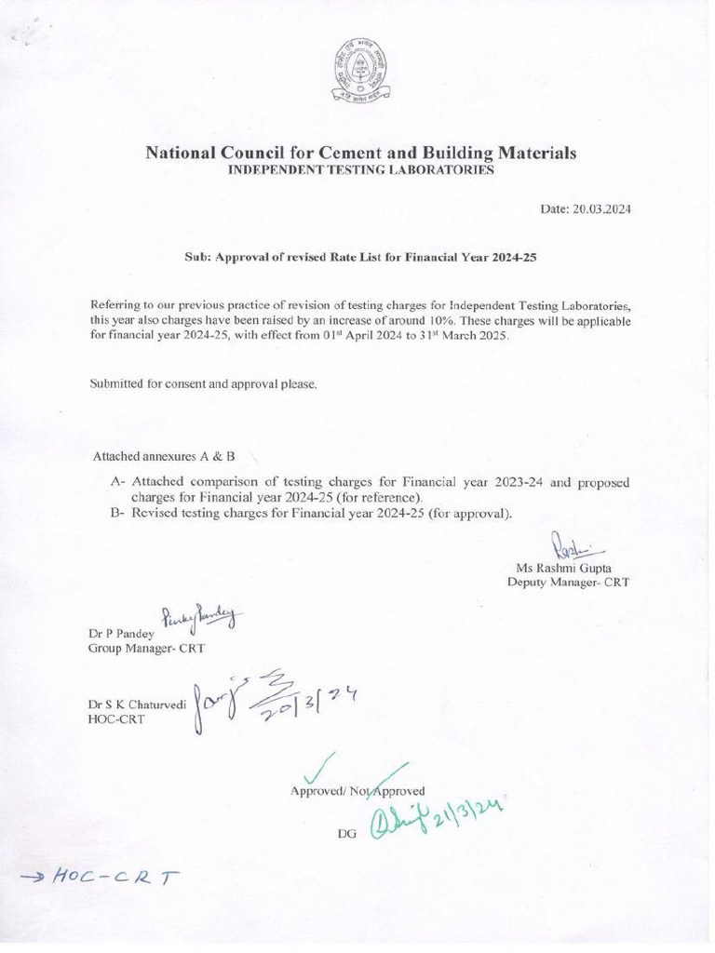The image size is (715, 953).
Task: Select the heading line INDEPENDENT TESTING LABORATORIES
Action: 360,171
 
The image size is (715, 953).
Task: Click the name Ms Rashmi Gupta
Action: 563,567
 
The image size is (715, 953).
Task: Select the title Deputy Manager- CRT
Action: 568,582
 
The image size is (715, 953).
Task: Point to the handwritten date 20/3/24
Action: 293,705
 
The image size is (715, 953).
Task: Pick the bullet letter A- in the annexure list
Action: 117,482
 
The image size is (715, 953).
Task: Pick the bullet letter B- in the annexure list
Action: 117,513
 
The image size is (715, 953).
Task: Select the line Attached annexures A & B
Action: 164,457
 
